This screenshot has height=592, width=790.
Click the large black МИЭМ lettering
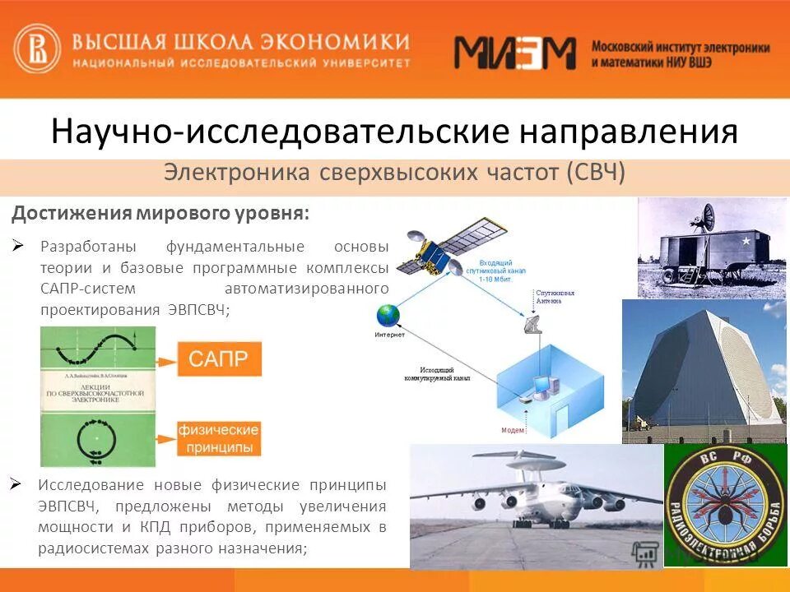point(515,53)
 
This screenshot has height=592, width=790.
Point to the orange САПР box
point(219,359)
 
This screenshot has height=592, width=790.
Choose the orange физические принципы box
point(219,438)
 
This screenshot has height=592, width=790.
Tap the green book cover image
point(97,396)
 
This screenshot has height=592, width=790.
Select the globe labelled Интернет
point(388,316)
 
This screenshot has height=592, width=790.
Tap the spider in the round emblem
point(722,510)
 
